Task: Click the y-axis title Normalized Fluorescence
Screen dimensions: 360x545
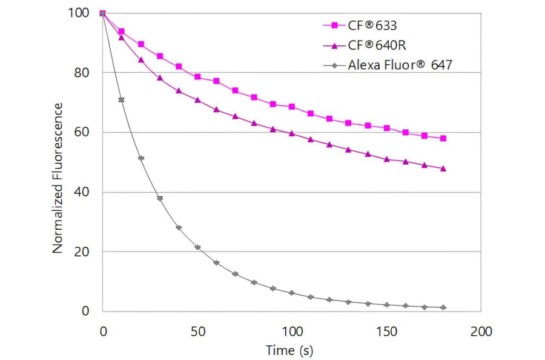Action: click(x=58, y=178)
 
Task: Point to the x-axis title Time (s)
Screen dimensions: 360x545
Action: click(x=289, y=350)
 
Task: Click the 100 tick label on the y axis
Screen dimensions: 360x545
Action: click(x=79, y=13)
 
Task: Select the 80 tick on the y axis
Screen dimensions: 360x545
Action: click(x=82, y=73)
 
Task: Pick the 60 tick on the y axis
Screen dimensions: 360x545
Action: click(x=82, y=132)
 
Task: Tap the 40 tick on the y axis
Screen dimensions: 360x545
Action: click(x=82, y=192)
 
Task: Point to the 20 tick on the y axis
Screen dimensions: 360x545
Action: click(x=82, y=252)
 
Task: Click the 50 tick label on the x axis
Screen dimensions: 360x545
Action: click(x=197, y=332)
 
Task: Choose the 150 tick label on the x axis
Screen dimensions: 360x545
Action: click(x=386, y=332)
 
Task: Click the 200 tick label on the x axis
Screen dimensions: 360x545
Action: click(x=481, y=332)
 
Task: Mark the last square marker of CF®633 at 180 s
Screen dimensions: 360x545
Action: click(x=443, y=138)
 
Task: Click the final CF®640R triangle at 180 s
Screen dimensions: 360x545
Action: click(x=443, y=168)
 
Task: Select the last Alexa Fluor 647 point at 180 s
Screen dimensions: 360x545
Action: click(x=443, y=307)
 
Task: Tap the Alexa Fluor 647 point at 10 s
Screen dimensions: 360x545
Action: click(x=122, y=99)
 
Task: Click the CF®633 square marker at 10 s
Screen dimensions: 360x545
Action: click(x=122, y=32)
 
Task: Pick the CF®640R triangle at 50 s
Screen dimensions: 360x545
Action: click(x=197, y=100)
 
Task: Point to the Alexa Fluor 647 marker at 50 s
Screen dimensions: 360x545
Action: click(x=197, y=247)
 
